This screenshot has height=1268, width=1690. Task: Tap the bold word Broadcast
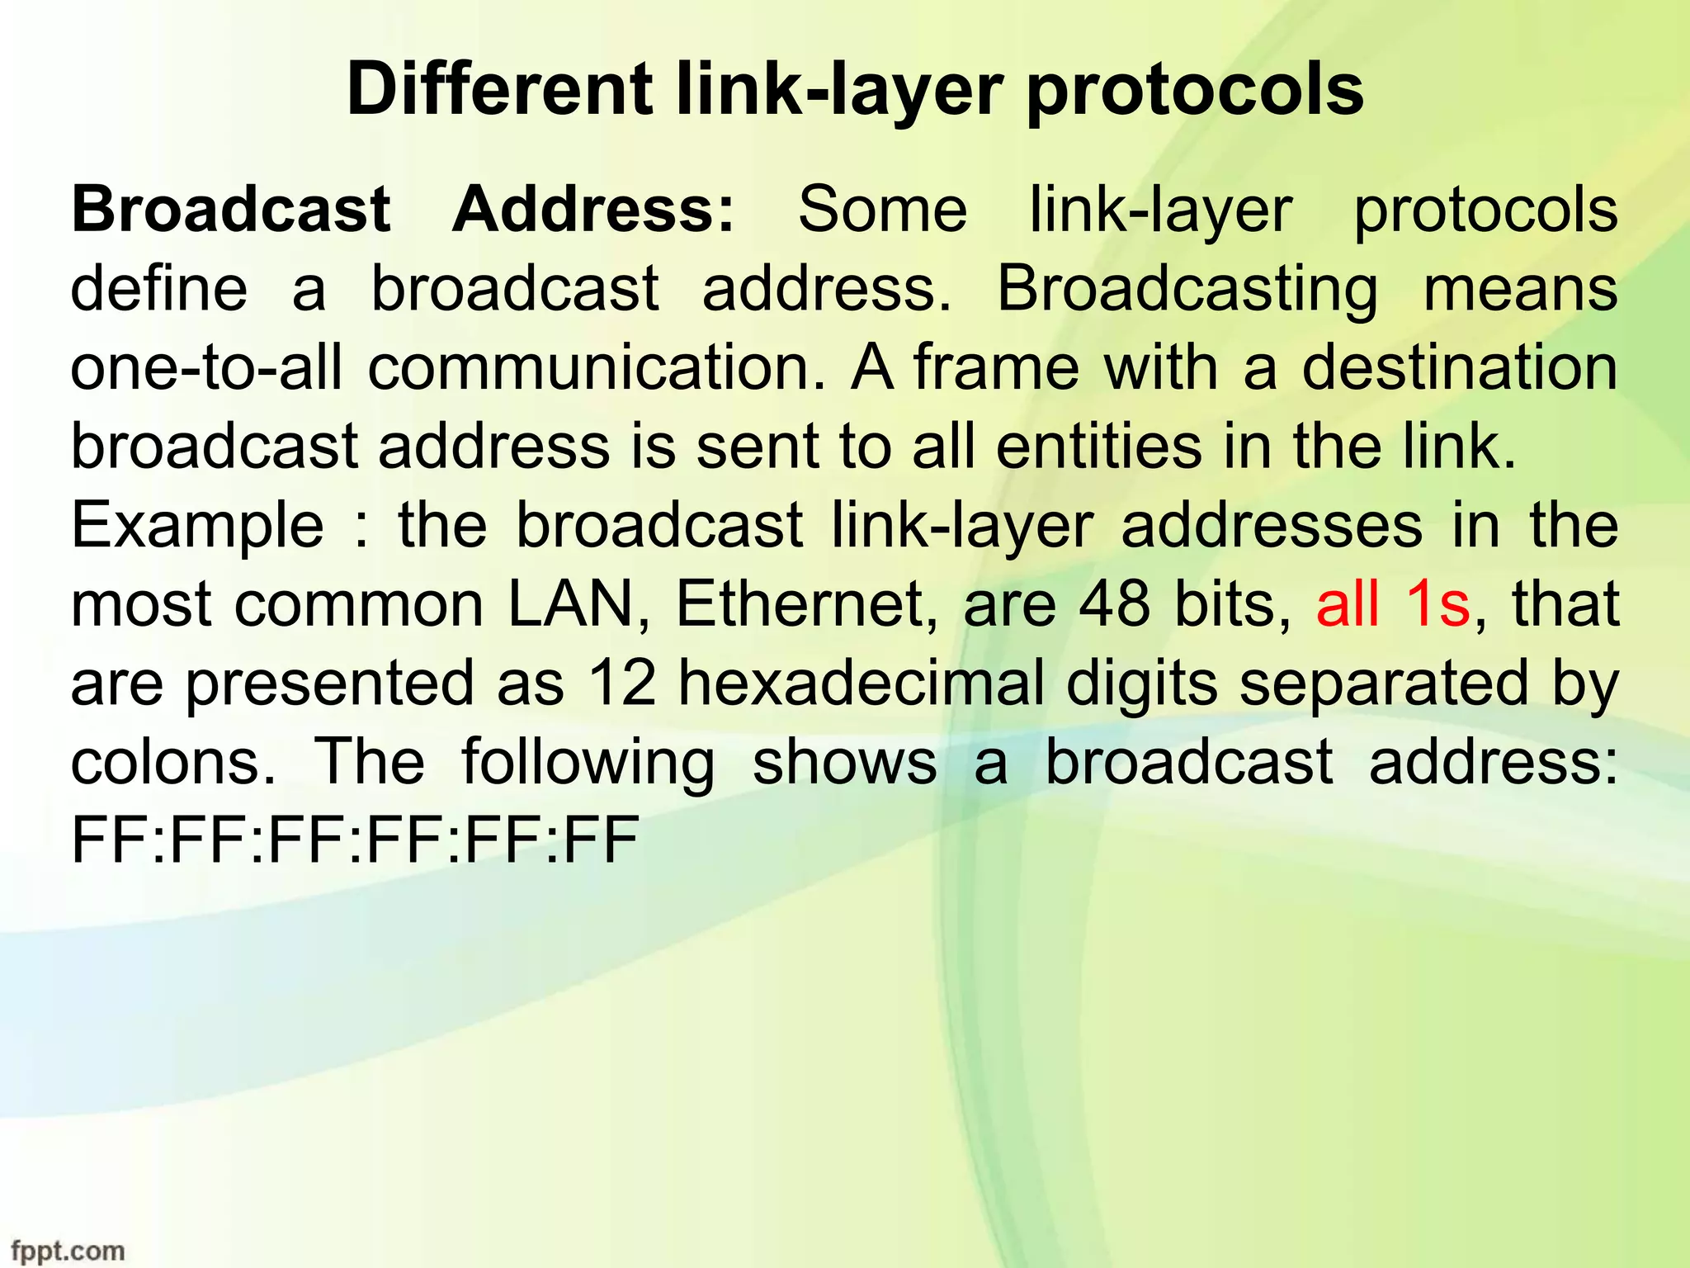pos(231,209)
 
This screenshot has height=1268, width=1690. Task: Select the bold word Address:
pos(592,209)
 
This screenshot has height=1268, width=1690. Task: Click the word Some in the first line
pos(882,209)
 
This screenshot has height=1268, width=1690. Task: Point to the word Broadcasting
pos(1187,290)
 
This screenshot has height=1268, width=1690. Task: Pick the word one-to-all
pos(206,367)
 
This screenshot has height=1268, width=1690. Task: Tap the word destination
pos(1460,367)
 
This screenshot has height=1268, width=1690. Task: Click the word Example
pos(198,526)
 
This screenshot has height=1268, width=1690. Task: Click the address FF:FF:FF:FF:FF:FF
pos(355,840)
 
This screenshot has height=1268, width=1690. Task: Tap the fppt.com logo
pos(68,1250)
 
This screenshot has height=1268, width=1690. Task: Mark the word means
pos(1521,290)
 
